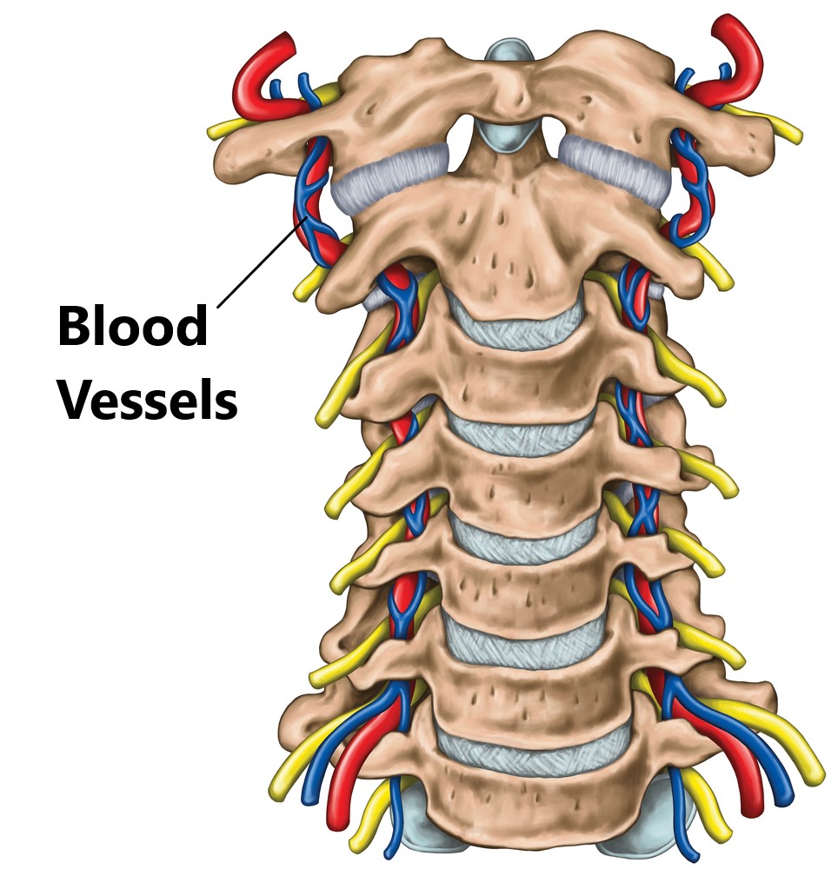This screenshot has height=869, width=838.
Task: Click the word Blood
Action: (133, 327)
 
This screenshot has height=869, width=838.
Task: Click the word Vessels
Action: (148, 399)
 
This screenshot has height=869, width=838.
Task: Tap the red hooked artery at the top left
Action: (263, 80)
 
